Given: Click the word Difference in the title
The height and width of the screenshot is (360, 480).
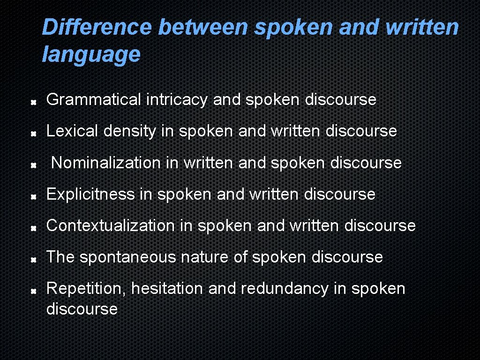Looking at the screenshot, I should pyautogui.click(x=97, y=27).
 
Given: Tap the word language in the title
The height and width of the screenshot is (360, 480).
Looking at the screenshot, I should pyautogui.click(x=91, y=54).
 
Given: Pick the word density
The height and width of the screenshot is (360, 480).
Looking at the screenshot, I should pyautogui.click(x=130, y=131).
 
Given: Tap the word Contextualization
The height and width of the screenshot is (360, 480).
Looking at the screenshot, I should pyautogui.click(x=110, y=225).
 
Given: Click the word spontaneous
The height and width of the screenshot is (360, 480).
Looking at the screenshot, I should pyautogui.click(x=128, y=257).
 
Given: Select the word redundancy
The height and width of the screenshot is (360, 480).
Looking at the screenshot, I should pyautogui.click(x=285, y=288).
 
